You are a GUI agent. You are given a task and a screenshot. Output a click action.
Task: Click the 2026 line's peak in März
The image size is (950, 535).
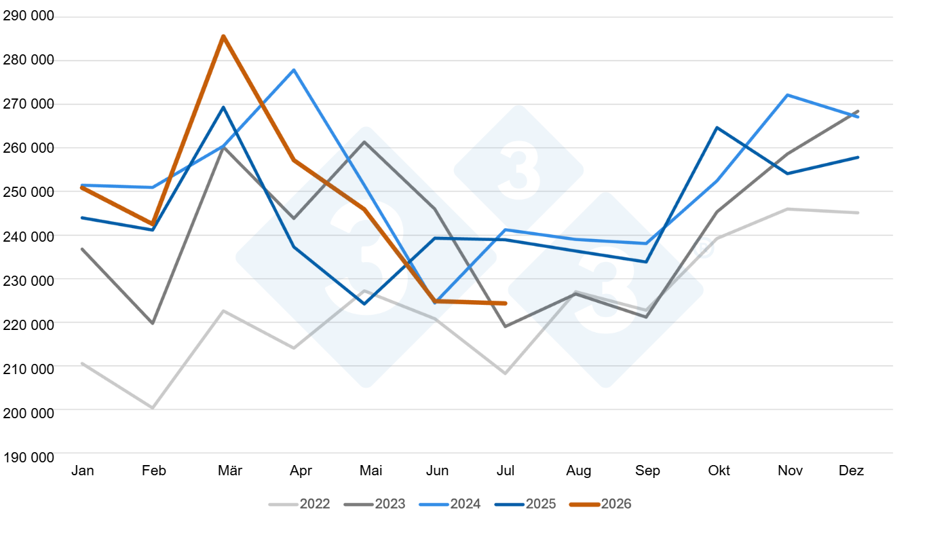223,37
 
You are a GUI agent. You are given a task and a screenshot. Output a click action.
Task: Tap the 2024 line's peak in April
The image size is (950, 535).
294,70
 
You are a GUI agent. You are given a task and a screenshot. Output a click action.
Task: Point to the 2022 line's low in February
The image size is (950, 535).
153,408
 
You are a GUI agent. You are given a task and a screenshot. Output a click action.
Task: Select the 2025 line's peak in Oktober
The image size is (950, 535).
717,127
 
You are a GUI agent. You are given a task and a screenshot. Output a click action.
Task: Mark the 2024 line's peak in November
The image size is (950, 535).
788,95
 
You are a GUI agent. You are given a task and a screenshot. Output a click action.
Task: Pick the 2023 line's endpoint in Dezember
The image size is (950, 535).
858,111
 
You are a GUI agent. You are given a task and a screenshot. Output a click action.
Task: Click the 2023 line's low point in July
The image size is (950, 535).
505,327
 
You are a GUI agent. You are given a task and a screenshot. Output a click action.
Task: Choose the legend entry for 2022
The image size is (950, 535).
299,504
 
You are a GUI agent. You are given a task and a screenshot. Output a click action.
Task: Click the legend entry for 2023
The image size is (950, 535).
375,504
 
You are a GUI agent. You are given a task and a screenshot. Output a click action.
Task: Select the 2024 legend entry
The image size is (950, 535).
450,504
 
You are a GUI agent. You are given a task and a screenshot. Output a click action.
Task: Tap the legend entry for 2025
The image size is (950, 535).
525,504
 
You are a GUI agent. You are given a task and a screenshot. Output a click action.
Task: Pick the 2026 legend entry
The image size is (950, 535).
601,504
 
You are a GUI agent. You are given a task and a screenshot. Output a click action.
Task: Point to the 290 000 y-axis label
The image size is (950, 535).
28,16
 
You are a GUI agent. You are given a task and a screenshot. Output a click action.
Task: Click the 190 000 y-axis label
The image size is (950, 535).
28,458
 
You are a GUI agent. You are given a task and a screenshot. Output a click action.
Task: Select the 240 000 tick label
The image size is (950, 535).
28,237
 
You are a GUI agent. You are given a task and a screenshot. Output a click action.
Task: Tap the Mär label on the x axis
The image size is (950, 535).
230,471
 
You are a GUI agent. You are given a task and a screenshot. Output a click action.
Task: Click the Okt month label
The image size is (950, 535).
719,471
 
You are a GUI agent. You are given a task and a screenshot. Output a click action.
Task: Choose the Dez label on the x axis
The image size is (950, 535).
851,471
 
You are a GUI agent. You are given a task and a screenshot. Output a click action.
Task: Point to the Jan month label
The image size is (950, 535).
83,471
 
